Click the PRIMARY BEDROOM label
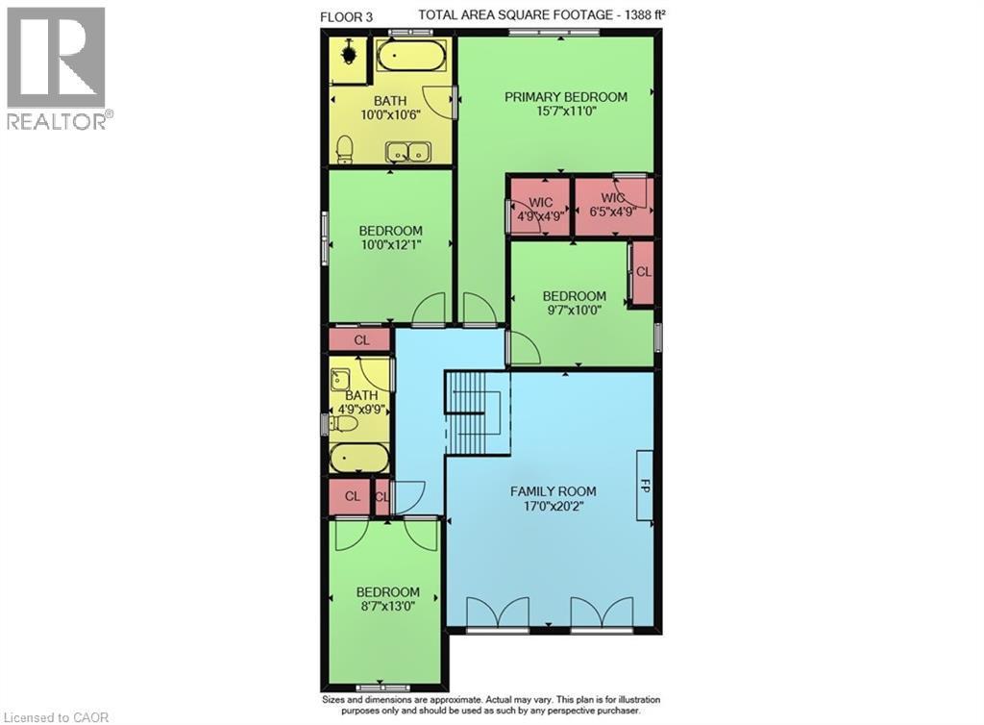click(567, 97)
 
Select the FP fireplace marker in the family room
click(644, 486)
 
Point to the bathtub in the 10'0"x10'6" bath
click(410, 56)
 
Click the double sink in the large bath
click(408, 152)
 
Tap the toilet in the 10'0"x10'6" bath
click(344, 149)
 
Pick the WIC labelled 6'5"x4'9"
click(614, 207)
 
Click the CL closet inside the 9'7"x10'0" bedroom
click(643, 272)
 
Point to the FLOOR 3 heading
click(345, 15)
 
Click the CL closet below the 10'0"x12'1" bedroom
click(360, 340)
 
